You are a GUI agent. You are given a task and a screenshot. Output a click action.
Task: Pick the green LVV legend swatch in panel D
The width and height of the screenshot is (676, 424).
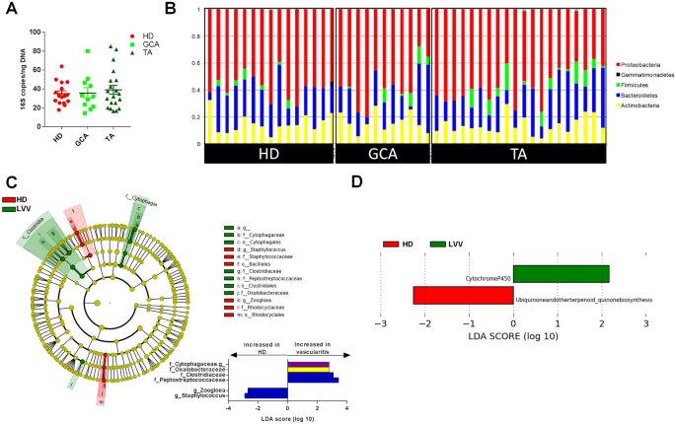[438, 215]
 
